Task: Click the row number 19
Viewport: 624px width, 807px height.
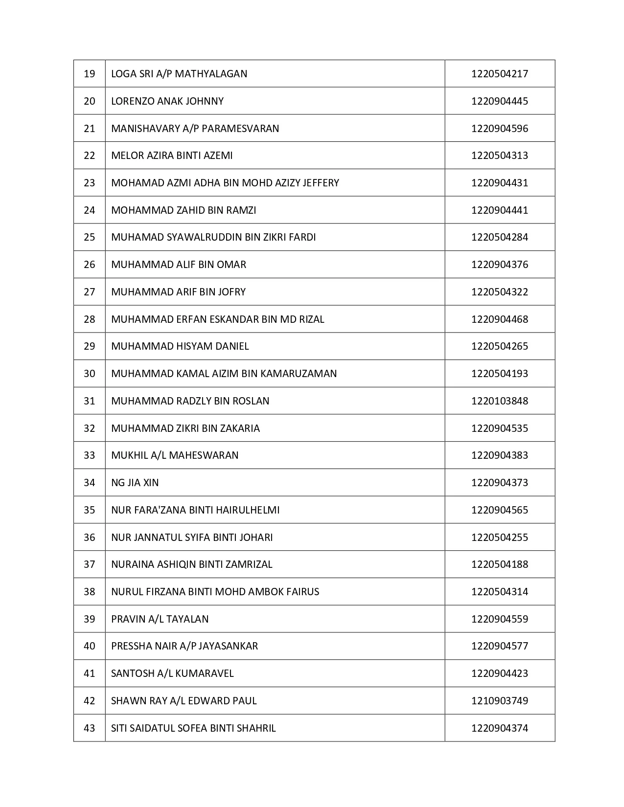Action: pyautogui.click(x=90, y=74)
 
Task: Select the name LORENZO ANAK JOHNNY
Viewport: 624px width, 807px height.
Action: pyautogui.click(x=167, y=101)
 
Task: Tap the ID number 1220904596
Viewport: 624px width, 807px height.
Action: pyautogui.click(x=500, y=129)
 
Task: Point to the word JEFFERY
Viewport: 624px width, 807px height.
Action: pyautogui.click(x=321, y=183)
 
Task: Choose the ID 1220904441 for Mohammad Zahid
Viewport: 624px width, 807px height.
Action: pyautogui.click(x=500, y=210)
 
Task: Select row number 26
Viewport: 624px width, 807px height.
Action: pyautogui.click(x=90, y=265)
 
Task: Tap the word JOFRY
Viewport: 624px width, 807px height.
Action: pyautogui.click(x=232, y=292)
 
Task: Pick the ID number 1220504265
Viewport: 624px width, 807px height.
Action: pyautogui.click(x=500, y=346)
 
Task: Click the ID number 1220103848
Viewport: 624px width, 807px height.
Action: pyautogui.click(x=500, y=401)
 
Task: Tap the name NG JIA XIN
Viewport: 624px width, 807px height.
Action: pyautogui.click(x=135, y=483)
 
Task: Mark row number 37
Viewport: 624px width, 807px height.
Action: pyautogui.click(x=90, y=564)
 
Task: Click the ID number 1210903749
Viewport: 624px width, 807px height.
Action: pyautogui.click(x=500, y=701)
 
